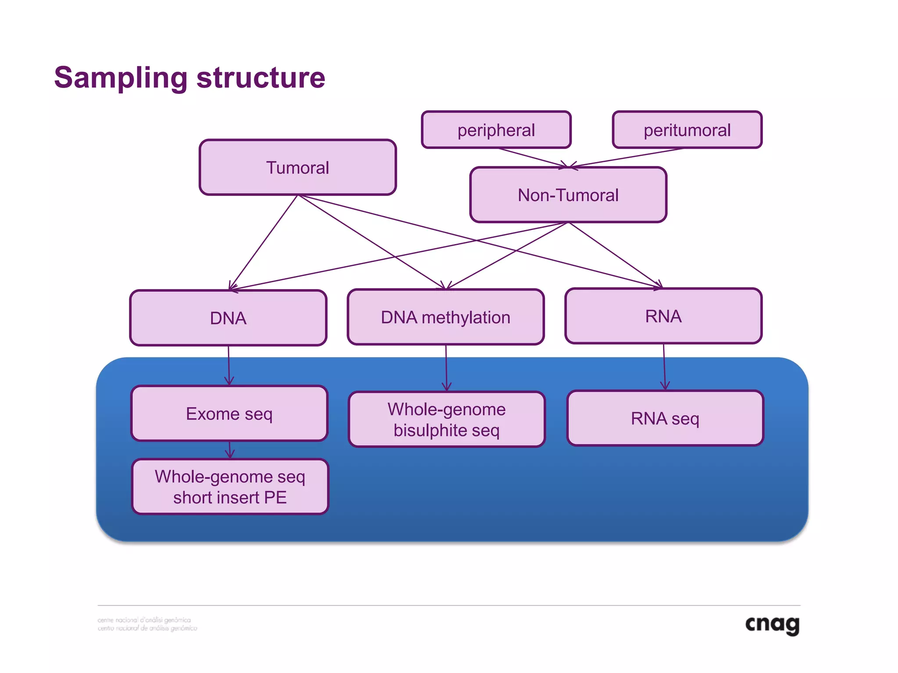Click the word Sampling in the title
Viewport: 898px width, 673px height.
121,78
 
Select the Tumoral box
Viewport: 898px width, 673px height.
297,167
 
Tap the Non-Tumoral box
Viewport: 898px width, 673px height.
568,195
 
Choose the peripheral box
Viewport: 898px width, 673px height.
496,130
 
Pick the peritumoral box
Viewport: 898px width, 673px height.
687,130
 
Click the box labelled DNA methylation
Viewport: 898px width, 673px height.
445,317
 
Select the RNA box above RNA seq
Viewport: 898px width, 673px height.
663,316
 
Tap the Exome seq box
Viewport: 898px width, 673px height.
229,414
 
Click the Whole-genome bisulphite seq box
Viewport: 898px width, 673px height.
446,419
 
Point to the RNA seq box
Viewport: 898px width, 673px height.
665,418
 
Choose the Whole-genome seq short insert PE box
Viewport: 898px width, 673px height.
230,487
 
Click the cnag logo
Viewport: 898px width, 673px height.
772,624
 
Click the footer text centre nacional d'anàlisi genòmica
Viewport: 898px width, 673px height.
144,620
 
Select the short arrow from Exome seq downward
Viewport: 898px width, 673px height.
230,450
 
